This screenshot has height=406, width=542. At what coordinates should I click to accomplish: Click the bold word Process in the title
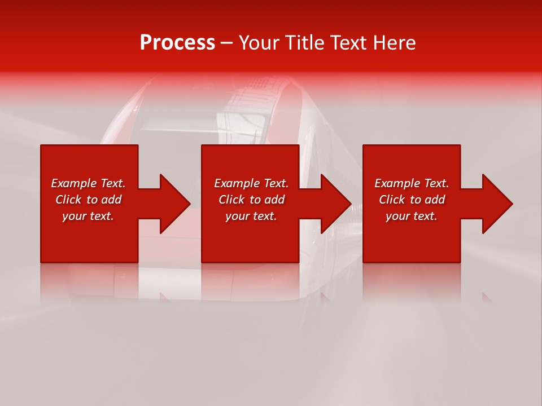click(x=177, y=43)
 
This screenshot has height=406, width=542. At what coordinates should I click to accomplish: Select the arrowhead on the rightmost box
click(x=491, y=204)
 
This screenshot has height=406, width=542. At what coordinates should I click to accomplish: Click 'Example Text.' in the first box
click(x=88, y=183)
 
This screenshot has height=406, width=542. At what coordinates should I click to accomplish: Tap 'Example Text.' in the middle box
click(x=251, y=183)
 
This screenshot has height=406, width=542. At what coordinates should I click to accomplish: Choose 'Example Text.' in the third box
click(x=412, y=183)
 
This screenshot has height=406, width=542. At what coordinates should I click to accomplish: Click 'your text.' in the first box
click(x=88, y=216)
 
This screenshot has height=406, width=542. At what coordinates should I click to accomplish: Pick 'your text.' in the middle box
click(x=251, y=216)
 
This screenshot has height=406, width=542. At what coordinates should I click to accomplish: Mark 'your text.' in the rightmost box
click(x=412, y=216)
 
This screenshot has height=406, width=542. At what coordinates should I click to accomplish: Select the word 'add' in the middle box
click(x=274, y=200)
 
